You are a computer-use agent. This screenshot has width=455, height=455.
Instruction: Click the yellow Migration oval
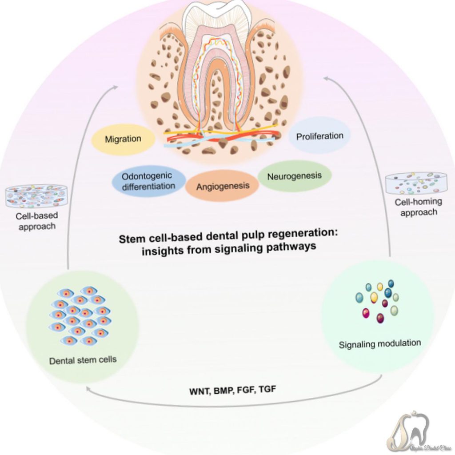pos(123,140)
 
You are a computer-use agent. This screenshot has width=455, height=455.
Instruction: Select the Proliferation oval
pos(319,136)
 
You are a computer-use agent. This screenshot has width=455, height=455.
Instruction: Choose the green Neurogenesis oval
pos(294,176)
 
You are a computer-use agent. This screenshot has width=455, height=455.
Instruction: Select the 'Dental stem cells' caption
pos(83,359)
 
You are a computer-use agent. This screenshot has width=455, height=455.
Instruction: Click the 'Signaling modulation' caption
pos(379,343)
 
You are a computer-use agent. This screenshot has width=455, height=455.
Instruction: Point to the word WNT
pos(198,392)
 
